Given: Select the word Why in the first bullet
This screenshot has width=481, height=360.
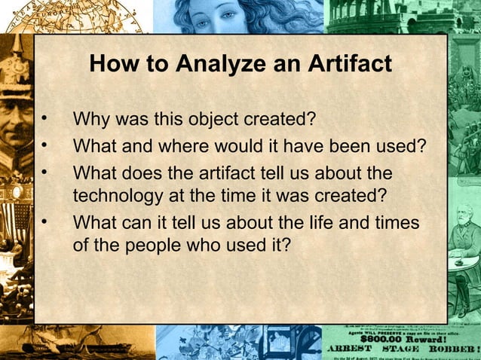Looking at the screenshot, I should pos(90,120).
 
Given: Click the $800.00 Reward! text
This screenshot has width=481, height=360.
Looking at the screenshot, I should pos(400,338).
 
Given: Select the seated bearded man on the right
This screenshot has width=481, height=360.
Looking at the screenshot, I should pos(460,256).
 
